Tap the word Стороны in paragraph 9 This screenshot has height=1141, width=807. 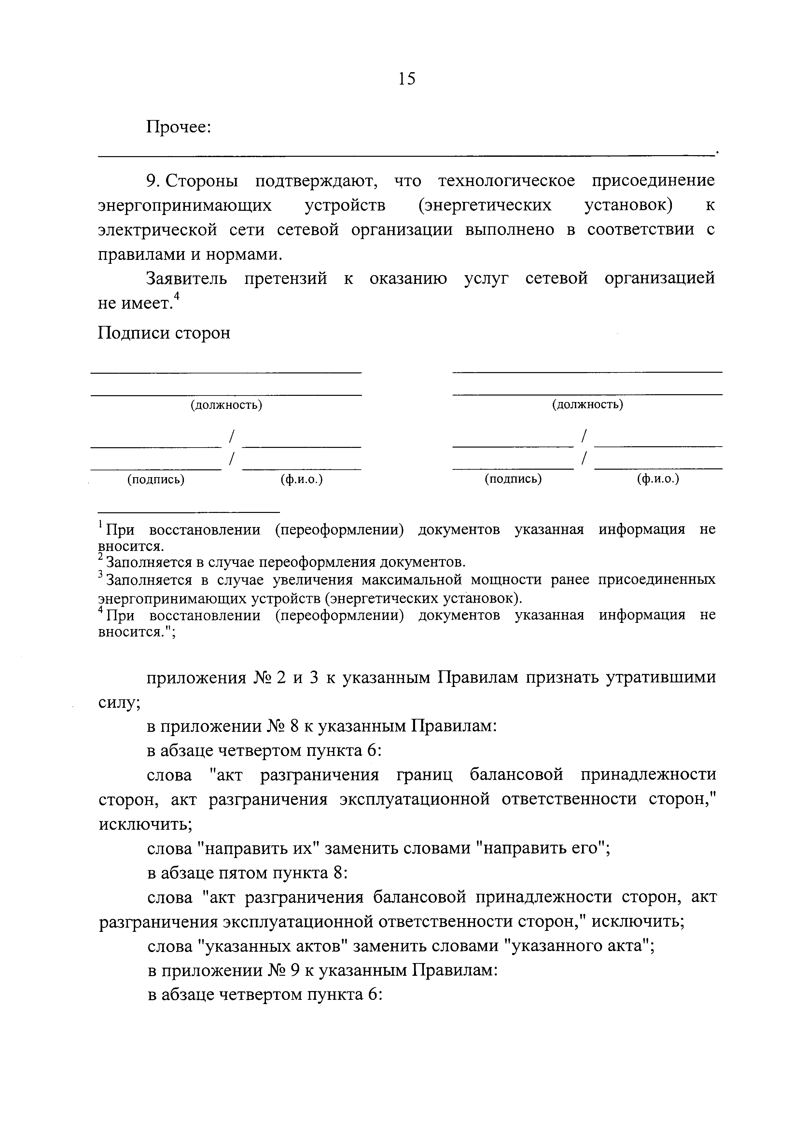pyautogui.click(x=202, y=181)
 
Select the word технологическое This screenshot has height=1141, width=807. pyautogui.click(x=506, y=181)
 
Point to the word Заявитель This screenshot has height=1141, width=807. pyautogui.click(x=187, y=278)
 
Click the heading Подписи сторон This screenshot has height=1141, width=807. pyautogui.click(x=164, y=332)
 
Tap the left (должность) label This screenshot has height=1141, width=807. pyautogui.click(x=226, y=405)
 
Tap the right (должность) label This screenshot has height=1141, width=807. pyautogui.click(x=587, y=405)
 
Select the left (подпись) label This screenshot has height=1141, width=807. pyautogui.click(x=156, y=479)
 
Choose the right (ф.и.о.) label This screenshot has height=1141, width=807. pyautogui.click(x=658, y=479)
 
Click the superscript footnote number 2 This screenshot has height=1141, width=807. pyautogui.click(x=101, y=558)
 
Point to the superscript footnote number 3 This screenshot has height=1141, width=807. pyautogui.click(x=101, y=575)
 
